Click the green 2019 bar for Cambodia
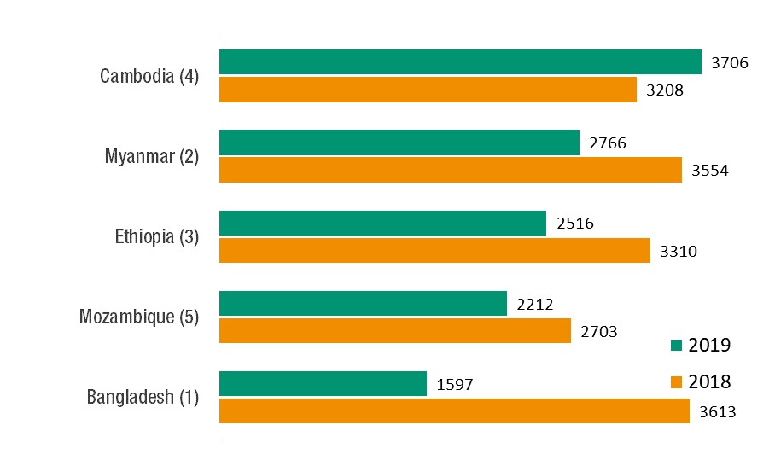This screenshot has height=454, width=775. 460,62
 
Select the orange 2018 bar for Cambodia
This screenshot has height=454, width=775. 428,90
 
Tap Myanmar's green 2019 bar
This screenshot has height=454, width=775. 399,143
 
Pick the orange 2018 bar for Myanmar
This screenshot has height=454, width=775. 451,170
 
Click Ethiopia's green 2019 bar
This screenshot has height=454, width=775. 382,224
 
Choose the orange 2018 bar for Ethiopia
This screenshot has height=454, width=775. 434,250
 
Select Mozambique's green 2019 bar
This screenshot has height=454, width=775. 363,303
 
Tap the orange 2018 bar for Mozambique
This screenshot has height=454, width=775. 394,330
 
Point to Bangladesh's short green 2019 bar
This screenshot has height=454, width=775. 323,383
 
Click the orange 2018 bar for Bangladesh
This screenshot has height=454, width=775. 454,410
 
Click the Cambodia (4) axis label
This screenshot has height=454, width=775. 149,76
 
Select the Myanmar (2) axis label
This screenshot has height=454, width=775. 152,156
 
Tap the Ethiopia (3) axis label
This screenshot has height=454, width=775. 156,236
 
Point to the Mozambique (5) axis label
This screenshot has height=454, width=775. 139,317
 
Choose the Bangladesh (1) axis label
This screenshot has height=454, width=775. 143,397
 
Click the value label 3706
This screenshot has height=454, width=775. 729,62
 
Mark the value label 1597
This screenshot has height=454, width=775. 454,385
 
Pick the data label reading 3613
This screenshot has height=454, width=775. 717,411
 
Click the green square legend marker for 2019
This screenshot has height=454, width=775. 677,346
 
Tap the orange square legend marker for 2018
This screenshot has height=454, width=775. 677,381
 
